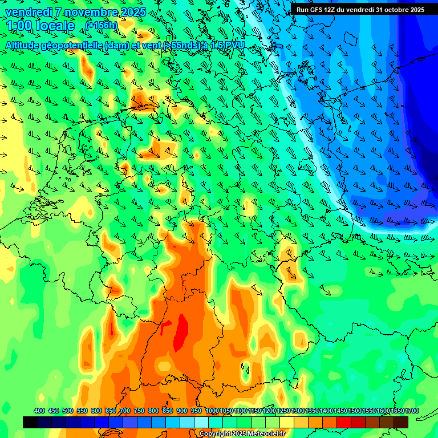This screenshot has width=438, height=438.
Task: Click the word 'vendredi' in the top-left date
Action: point(29,12)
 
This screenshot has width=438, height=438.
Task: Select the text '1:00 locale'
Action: point(40,26)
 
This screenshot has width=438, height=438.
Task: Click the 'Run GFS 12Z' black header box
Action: point(360,9)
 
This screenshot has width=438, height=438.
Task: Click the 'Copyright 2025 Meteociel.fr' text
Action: point(242,434)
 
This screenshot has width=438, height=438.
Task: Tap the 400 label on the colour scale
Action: point(39,411)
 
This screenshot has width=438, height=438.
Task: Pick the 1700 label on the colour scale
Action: point(396,411)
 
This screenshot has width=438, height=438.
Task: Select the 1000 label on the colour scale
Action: point(212,411)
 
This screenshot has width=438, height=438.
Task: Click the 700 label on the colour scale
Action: point(125,411)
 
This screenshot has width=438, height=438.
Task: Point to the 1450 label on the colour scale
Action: point(340,411)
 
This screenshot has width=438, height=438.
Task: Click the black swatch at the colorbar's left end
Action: point(30,422)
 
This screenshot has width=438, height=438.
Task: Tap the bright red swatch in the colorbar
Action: point(343,422)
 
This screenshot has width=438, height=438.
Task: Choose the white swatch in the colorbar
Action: point(201,422)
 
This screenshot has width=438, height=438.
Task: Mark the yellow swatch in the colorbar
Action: point(286,422)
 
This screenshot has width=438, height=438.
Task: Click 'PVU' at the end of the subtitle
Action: point(234,46)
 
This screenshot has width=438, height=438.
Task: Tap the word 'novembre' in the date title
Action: point(86,12)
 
